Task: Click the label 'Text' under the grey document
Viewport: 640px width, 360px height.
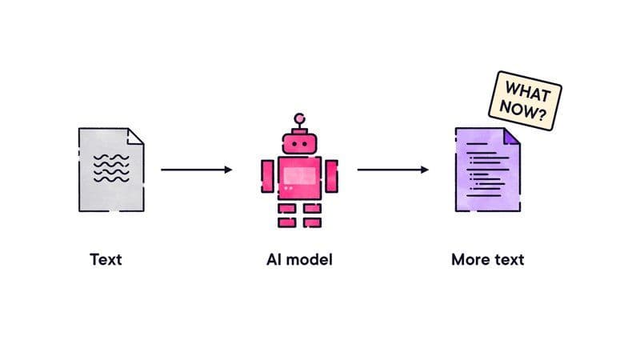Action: [106, 259]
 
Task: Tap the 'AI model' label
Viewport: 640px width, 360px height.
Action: [299, 259]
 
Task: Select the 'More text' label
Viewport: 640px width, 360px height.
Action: [488, 259]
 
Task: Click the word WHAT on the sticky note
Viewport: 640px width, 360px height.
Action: [528, 91]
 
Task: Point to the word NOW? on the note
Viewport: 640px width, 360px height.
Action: [523, 110]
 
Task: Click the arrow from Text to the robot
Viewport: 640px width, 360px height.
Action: [196, 170]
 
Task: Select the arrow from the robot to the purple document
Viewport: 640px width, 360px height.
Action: [393, 170]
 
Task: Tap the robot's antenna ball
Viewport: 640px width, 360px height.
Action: [299, 118]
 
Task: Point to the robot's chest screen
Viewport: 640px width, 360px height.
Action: [299, 175]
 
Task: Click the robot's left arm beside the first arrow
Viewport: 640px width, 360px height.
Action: [268, 176]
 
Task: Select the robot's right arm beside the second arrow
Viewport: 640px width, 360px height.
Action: [331, 176]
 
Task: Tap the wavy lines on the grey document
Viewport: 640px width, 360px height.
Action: [111, 168]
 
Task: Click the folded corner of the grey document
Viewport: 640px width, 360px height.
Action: [134, 137]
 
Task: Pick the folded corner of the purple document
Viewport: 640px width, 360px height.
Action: [510, 137]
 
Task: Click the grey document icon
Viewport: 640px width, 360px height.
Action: [111, 170]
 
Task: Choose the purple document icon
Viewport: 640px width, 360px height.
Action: [488, 170]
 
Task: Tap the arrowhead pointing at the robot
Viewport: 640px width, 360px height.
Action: [229, 170]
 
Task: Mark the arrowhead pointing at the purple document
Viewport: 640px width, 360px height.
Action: [425, 170]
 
